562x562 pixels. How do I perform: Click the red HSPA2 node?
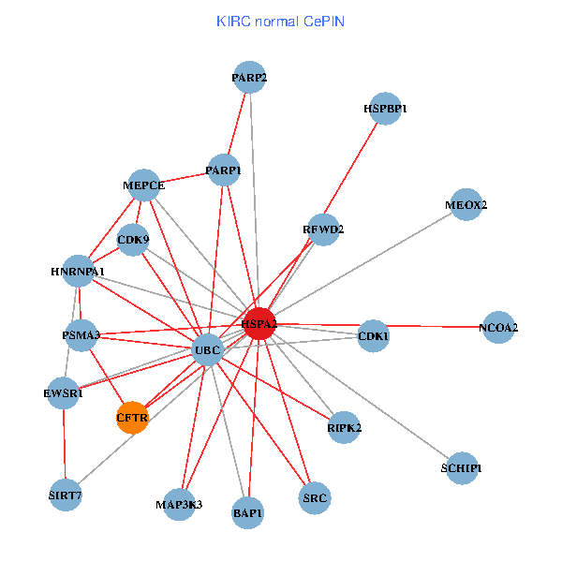259,323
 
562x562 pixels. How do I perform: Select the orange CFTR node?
132,417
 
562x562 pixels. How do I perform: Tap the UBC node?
206,351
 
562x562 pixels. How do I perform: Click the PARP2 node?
250,78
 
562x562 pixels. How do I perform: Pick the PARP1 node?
224,170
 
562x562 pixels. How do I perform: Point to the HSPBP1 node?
385,109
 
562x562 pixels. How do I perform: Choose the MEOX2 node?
466,204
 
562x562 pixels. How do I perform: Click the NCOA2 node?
497,328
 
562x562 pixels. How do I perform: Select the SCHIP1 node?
462,467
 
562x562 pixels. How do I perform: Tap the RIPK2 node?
344,427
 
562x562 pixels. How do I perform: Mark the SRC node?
315,498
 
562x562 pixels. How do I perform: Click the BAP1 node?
247,512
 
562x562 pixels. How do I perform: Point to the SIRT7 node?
65,494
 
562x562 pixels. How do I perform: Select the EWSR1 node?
64,393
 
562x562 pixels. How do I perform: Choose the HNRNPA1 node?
79,272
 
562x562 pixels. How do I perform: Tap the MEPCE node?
144,185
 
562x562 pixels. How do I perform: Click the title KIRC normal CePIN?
280,21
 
